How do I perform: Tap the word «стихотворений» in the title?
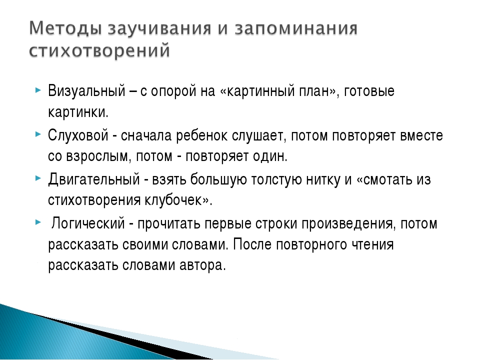(99, 50)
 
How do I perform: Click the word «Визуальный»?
(86, 91)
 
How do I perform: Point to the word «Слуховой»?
(78, 135)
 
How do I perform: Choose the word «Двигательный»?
(94, 179)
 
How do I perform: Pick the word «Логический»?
(88, 223)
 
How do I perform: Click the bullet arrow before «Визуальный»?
(38, 90)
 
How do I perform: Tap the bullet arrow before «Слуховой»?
(38, 134)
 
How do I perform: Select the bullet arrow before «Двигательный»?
(38, 178)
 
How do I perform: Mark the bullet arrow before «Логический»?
(38, 222)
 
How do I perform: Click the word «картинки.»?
(78, 112)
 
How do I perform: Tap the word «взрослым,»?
(99, 157)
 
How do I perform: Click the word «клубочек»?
(173, 200)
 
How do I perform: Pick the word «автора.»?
(202, 265)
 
